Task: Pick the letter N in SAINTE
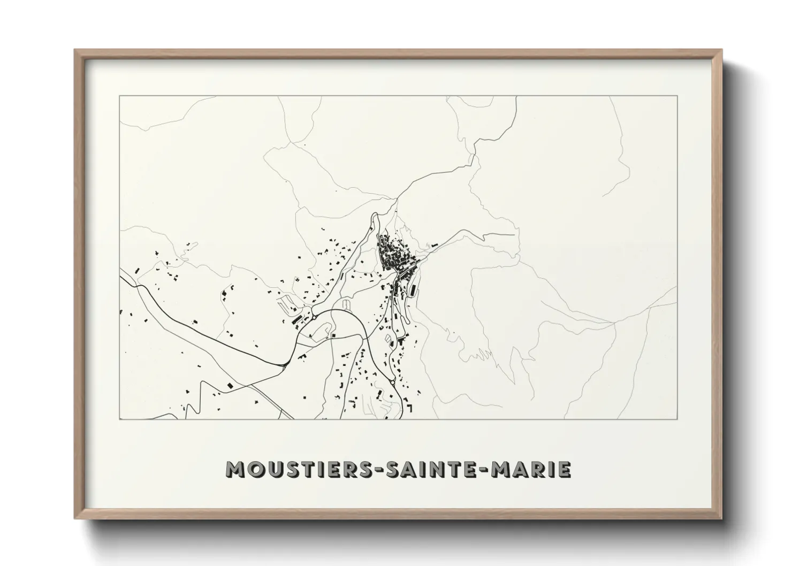(x=431, y=469)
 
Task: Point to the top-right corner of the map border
(x=677, y=96)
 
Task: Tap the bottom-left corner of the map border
(x=120, y=419)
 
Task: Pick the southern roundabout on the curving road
(x=393, y=381)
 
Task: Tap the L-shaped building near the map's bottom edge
(x=410, y=408)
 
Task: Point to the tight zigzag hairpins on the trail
(x=477, y=354)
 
